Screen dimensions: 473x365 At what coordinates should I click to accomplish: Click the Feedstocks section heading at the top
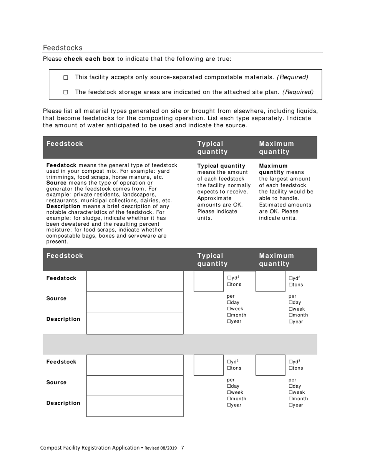click(x=63, y=48)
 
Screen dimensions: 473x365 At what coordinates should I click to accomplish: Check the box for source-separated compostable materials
click(x=65, y=78)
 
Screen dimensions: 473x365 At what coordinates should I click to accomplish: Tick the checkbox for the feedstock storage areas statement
click(x=65, y=92)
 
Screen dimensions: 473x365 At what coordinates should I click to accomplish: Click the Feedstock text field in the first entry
click(x=135, y=281)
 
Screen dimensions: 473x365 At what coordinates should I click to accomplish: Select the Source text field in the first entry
click(x=135, y=301)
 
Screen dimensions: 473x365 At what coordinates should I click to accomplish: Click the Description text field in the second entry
click(x=135, y=406)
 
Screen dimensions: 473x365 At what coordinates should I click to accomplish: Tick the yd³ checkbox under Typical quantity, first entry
click(x=229, y=278)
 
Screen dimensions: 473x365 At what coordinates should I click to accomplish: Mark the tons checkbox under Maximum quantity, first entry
click(x=290, y=285)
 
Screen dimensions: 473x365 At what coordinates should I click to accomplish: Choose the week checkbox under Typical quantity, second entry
click(x=229, y=392)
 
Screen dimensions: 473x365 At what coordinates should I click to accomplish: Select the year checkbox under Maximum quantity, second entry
click(x=290, y=405)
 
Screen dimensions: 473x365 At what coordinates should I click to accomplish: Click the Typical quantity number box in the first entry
click(x=208, y=281)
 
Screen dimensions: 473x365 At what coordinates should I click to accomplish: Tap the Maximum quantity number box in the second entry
click(x=270, y=365)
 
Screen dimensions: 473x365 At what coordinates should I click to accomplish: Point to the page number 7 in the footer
click(x=182, y=448)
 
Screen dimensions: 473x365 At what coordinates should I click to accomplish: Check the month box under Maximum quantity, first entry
click(x=290, y=315)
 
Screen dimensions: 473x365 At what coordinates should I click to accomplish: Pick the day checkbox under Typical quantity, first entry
click(x=229, y=303)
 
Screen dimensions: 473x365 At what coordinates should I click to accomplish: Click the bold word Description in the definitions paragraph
click(x=63, y=206)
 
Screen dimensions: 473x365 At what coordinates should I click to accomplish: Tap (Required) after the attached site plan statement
click(x=298, y=92)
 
